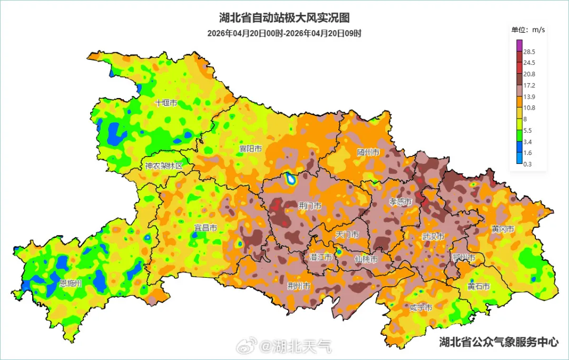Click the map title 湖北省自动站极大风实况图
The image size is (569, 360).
[284, 18]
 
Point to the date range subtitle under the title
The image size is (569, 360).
[284, 33]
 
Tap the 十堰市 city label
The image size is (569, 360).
[166, 103]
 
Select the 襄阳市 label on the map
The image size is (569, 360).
[250, 149]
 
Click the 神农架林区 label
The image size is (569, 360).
[164, 166]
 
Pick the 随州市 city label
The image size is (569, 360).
[368, 152]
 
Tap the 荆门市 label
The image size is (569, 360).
[310, 206]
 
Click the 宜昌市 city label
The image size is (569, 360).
[205, 228]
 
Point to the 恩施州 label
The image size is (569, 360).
[71, 283]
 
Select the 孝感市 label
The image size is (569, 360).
[401, 201]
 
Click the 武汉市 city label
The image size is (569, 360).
[433, 237]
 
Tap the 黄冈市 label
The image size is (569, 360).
[503, 229]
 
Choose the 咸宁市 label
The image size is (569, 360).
[421, 307]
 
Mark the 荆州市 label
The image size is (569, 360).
[298, 286]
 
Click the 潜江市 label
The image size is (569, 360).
[321, 257]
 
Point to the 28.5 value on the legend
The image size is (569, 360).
[529, 52]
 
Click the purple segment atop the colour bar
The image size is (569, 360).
[519, 45]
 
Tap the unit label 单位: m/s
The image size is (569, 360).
[528, 30]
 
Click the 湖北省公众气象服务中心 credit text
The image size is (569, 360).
[499, 342]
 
